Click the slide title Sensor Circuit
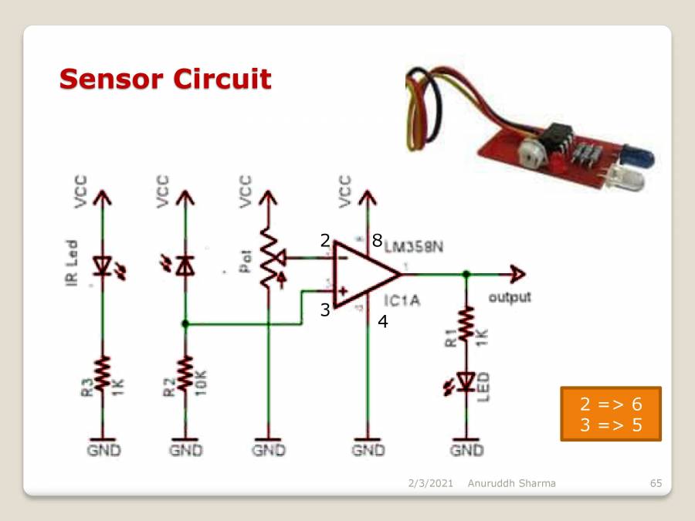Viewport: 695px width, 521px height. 165,79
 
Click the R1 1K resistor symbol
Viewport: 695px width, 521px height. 466,325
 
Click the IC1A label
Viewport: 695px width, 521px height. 401,300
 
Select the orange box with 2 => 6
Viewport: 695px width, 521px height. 610,414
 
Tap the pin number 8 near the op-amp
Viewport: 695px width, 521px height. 377,241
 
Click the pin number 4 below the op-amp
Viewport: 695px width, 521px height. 382,322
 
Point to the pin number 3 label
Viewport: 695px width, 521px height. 325,310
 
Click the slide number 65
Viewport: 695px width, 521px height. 656,483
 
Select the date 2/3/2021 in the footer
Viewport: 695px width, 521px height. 430,483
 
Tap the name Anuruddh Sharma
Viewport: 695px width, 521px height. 511,483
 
